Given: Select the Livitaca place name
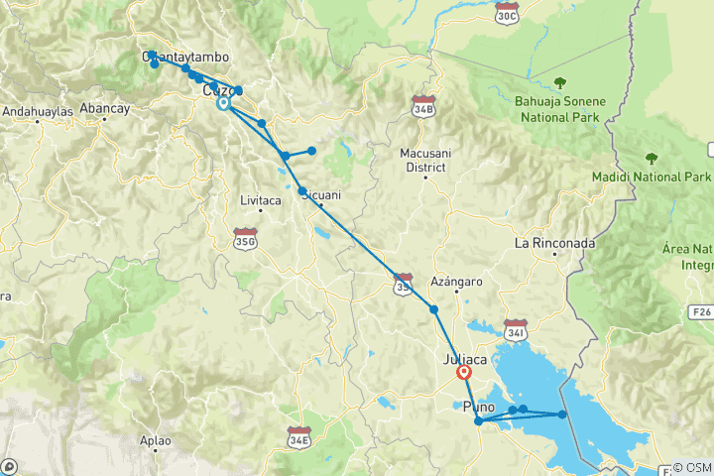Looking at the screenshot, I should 261,200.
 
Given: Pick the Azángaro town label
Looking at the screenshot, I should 456,283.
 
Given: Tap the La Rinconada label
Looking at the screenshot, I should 553,243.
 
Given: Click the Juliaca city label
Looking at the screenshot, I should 465,359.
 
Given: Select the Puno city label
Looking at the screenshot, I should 478,407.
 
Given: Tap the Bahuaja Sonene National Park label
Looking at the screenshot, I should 559,108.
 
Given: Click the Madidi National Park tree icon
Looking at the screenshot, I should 652,158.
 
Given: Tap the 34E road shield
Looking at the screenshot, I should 298,435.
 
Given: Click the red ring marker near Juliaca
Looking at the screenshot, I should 464,373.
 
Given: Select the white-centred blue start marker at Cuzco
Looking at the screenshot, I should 223,102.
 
